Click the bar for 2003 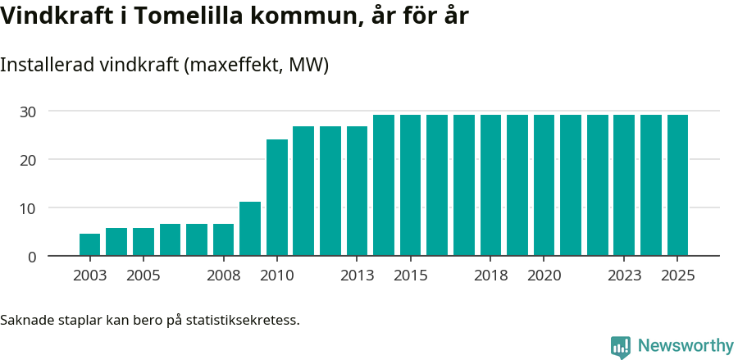click(89, 245)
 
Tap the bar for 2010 click(277, 198)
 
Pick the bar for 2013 click(357, 191)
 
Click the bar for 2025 click(677, 185)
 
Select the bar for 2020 click(544, 185)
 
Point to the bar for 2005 click(143, 242)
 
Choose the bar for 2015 click(410, 185)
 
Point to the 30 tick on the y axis click(29, 112)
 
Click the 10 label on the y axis click(29, 208)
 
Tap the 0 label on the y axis click(32, 257)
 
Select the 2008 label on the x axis click(223, 276)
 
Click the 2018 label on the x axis click(490, 276)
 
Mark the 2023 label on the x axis click(624, 276)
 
